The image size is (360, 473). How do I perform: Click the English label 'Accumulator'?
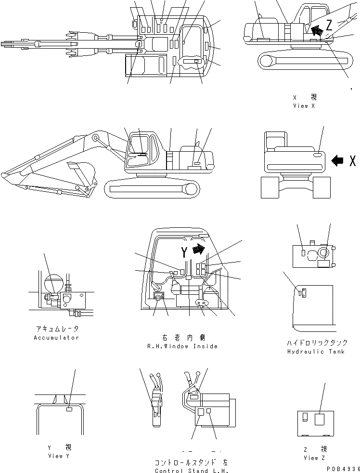click(x=56, y=338)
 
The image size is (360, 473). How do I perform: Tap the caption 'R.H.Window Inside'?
click(x=182, y=346)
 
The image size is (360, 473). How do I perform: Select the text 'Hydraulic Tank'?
click(x=316, y=352)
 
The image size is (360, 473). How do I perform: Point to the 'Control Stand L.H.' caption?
click(x=191, y=471)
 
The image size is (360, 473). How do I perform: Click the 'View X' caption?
click(x=304, y=106)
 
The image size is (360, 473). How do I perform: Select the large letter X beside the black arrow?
click(x=352, y=161)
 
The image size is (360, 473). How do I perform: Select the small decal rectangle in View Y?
click(x=69, y=409)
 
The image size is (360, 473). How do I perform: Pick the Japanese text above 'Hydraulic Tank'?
click(x=316, y=343)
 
